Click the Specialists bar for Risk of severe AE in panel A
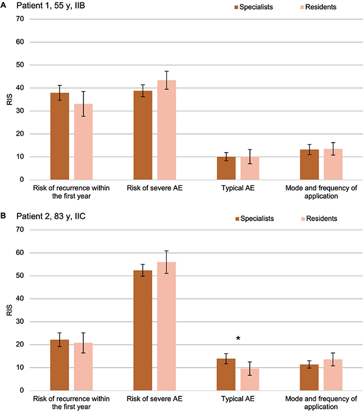[x=143, y=135]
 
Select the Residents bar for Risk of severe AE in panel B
[x=166, y=326]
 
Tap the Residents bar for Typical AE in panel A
[x=250, y=168]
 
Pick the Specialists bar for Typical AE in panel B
[x=226, y=375]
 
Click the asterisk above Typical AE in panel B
[x=238, y=339]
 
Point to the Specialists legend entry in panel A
[x=253, y=7]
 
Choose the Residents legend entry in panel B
[x=319, y=218]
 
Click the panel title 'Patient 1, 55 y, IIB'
[x=51, y=6]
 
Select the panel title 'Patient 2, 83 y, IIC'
[x=51, y=216]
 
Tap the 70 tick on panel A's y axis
[x=20, y=19]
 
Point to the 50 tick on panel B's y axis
[x=20, y=276]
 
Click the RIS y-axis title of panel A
[x=10, y=99]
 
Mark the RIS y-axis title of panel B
[x=10, y=310]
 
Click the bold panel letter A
[x=3, y=5]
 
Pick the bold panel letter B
[x=3, y=216]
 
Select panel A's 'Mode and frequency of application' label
[x=321, y=192]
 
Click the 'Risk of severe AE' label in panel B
[x=154, y=399]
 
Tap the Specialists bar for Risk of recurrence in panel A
[x=60, y=136]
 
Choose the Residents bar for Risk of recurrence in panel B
[x=83, y=367]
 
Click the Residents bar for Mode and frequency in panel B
[x=333, y=375]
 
